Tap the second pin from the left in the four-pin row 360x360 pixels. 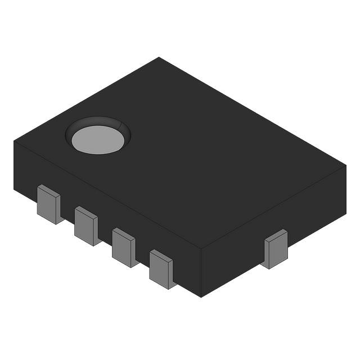click(86, 226)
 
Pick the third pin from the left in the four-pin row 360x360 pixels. click(123, 247)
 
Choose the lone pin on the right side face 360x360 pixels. click(276, 249)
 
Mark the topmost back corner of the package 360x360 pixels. click(159, 57)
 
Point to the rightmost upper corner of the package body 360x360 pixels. click(346, 166)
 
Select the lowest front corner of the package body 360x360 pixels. click(201, 296)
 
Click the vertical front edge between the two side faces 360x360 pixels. click(201, 273)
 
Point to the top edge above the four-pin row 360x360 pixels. click(107, 195)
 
